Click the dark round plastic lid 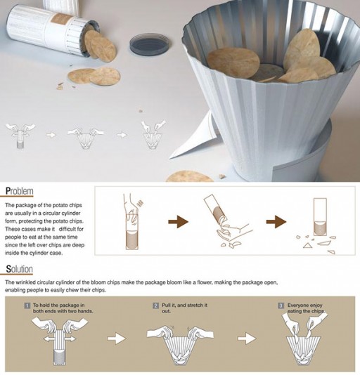[x=150, y=45]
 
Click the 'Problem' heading [x=20, y=191]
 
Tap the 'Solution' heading [x=20, y=269]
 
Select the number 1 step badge [x=27, y=305]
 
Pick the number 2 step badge [x=156, y=305]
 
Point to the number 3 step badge [x=281, y=305]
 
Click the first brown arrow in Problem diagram [x=178, y=222]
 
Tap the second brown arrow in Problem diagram [x=276, y=222]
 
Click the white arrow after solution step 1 [x=117, y=338]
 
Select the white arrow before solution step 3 [x=247, y=338]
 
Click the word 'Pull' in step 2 [x=166, y=305]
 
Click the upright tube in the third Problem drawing [x=320, y=217]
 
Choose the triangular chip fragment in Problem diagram [x=307, y=245]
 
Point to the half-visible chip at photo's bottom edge [x=189, y=176]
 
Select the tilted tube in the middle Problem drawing [x=215, y=209]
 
